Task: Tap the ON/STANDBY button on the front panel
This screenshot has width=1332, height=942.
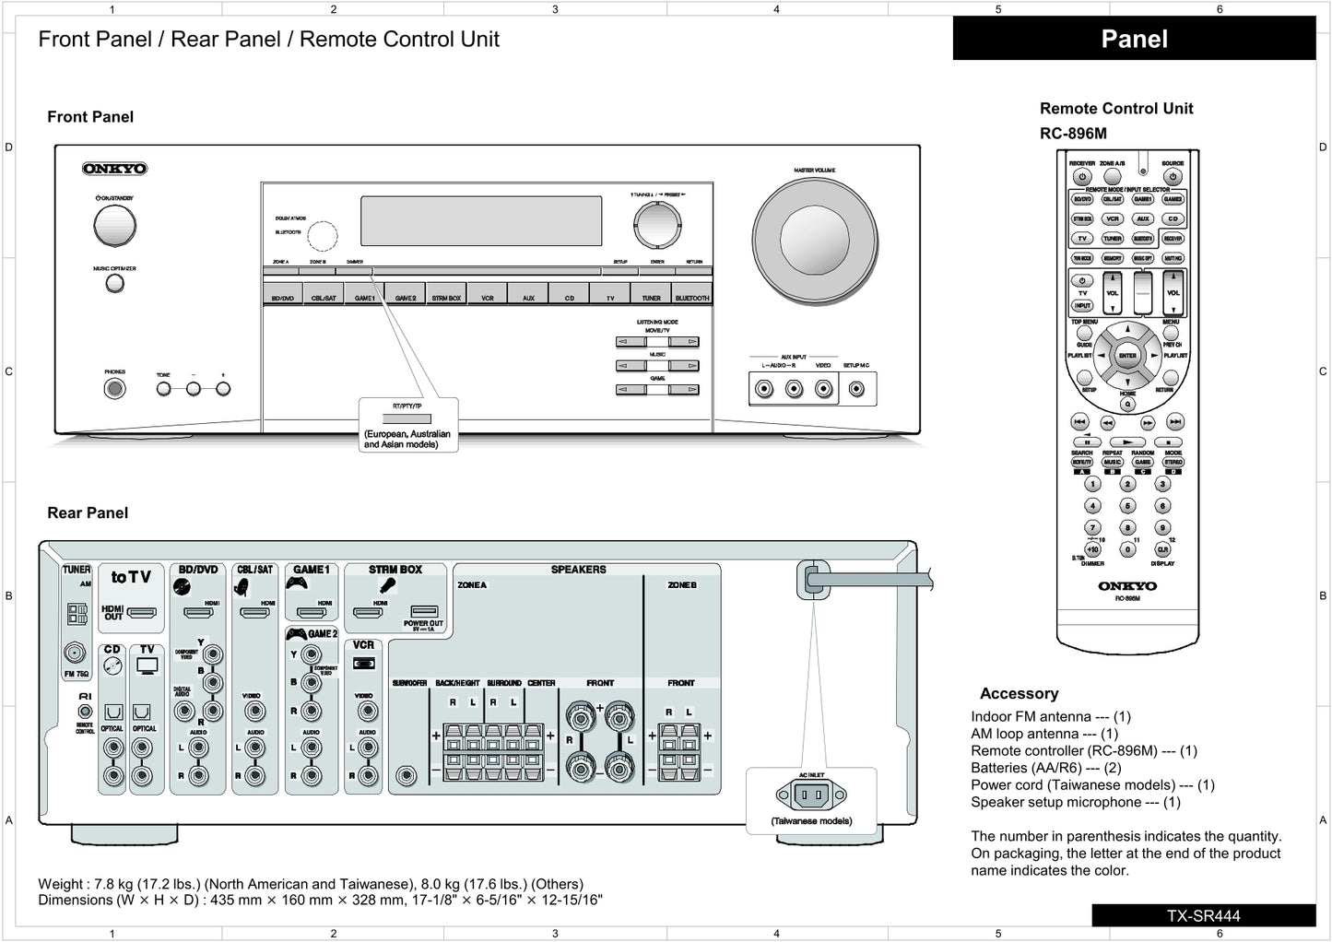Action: [x=114, y=225]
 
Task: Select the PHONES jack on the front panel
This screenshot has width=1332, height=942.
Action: [x=114, y=388]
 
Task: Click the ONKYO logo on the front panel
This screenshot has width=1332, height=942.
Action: [x=115, y=169]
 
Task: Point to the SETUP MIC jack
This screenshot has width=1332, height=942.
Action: [x=856, y=389]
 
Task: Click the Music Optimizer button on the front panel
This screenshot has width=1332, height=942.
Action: [x=114, y=284]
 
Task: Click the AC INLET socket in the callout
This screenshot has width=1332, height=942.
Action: [x=811, y=794]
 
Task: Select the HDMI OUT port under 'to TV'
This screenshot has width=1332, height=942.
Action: [x=141, y=611]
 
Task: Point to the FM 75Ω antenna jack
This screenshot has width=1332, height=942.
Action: [x=76, y=654]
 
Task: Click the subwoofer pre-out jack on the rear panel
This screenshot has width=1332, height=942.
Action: [x=406, y=775]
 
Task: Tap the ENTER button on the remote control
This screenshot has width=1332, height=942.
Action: [x=1127, y=356]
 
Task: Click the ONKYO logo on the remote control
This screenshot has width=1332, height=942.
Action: [x=1126, y=586]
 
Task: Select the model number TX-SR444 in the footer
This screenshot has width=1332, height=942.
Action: [x=1203, y=916]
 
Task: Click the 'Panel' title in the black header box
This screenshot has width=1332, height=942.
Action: [x=1134, y=39]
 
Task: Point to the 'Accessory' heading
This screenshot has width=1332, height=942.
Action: [x=1019, y=693]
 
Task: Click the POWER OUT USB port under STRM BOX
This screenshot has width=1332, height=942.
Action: [x=424, y=611]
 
